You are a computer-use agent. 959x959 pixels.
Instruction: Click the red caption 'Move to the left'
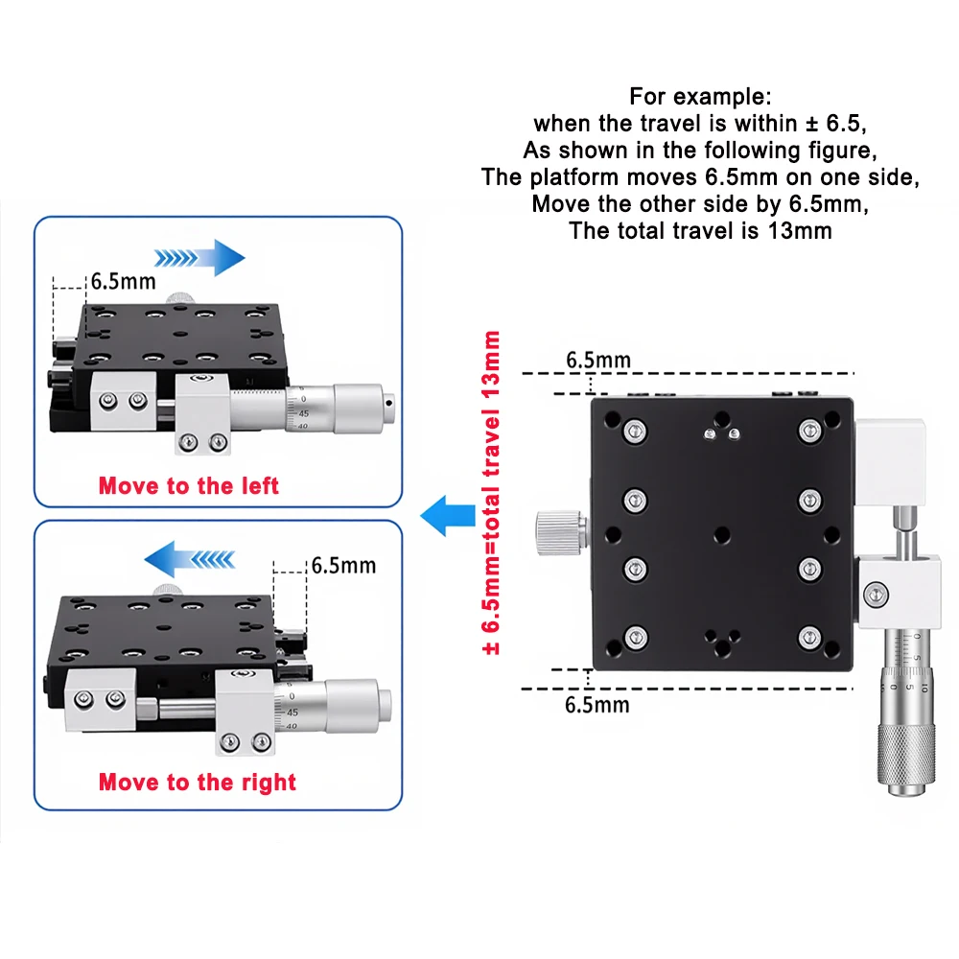(x=189, y=485)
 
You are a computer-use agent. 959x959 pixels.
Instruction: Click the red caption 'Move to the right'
(x=198, y=782)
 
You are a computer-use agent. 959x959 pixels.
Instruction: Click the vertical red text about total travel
(x=492, y=493)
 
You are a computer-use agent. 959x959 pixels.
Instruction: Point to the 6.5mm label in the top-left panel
(x=123, y=282)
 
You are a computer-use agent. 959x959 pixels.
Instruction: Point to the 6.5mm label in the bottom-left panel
(x=342, y=565)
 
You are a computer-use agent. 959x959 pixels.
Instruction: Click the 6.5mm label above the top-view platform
(x=597, y=361)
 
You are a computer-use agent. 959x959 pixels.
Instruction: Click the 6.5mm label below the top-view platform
(x=597, y=706)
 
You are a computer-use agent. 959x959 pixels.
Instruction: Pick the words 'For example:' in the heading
(x=699, y=96)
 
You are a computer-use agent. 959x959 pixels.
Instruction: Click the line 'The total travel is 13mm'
(x=700, y=230)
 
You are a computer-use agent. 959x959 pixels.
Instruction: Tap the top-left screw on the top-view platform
(x=633, y=429)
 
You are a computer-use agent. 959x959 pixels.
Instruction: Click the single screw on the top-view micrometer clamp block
(x=873, y=596)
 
